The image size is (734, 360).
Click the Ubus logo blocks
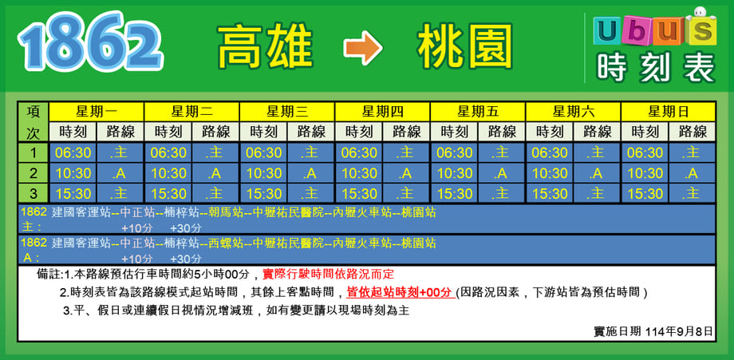(655, 28)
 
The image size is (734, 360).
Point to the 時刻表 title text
(656, 68)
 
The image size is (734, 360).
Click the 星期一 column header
(97, 112)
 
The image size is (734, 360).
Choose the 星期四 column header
(382, 112)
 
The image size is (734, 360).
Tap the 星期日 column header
(668, 112)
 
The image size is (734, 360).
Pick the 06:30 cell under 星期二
(168, 152)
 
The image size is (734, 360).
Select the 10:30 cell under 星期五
(454, 173)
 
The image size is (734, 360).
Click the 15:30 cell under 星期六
(550, 193)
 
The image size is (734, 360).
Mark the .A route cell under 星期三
(311, 173)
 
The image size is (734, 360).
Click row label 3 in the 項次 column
(34, 193)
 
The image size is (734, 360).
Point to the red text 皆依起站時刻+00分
(401, 293)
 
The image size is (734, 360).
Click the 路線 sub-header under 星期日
(692, 132)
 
